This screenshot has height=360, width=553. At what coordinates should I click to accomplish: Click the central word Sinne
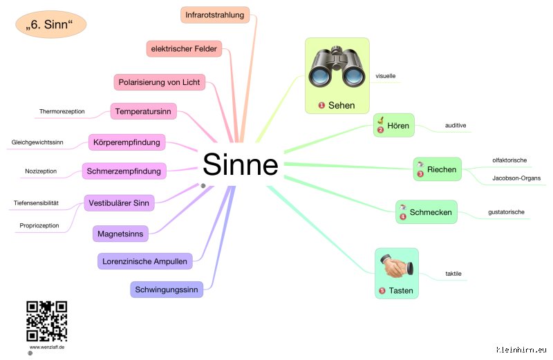point(241,164)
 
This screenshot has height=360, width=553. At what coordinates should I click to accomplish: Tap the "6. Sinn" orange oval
point(50,24)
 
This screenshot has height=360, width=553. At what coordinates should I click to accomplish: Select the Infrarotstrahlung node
point(215,15)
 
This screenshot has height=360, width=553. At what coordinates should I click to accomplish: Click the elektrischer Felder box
point(184,48)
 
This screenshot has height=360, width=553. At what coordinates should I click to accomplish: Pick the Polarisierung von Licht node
point(159,82)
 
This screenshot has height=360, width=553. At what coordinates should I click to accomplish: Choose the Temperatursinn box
point(143,111)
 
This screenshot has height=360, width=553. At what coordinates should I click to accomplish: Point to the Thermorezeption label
point(62,111)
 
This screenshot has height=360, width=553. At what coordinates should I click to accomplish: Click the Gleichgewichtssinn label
point(37,142)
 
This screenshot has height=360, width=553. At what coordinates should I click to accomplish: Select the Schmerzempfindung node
point(124,171)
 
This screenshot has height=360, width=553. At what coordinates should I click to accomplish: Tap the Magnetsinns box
point(120,234)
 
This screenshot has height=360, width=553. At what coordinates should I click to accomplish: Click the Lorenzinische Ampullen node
point(144,261)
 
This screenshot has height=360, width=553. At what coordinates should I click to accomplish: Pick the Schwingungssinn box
point(167,290)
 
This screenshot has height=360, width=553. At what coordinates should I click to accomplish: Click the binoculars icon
point(337,67)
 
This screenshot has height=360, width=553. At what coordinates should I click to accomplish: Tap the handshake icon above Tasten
point(396,266)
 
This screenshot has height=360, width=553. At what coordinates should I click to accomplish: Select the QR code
point(46,321)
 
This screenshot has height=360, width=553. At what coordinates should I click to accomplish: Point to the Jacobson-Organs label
point(516,178)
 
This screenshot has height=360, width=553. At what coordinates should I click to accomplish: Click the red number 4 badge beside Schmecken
point(403,216)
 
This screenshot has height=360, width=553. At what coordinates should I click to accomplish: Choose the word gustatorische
point(506,212)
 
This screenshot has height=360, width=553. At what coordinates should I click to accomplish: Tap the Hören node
point(393,125)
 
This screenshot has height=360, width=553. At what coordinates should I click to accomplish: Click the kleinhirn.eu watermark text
point(521,350)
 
